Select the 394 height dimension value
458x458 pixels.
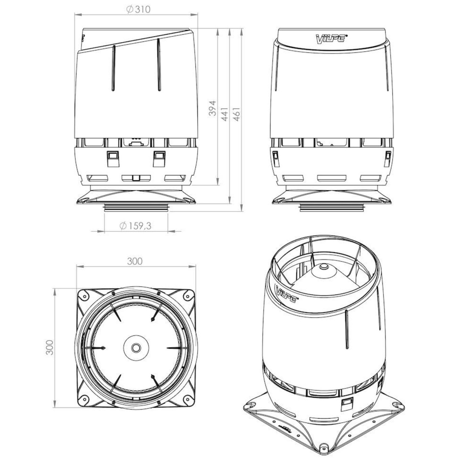[213, 108]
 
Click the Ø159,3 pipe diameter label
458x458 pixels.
[136, 226]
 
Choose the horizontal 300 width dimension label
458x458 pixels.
[135, 261]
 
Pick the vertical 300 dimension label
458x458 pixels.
[50, 347]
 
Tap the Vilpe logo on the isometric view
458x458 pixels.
[286, 294]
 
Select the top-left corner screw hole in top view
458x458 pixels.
[84, 296]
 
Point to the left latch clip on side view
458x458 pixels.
[112, 158]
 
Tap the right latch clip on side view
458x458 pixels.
[159, 158]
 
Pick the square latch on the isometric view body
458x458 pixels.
[346, 405]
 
